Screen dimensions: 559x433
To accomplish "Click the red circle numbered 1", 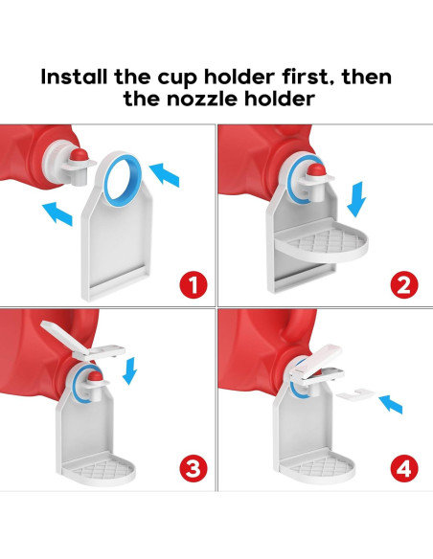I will [x=195, y=284].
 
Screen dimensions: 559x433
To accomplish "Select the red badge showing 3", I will [x=195, y=468].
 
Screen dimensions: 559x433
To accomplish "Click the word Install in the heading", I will [x=85, y=77].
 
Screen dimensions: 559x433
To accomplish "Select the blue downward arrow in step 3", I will [x=130, y=368].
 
